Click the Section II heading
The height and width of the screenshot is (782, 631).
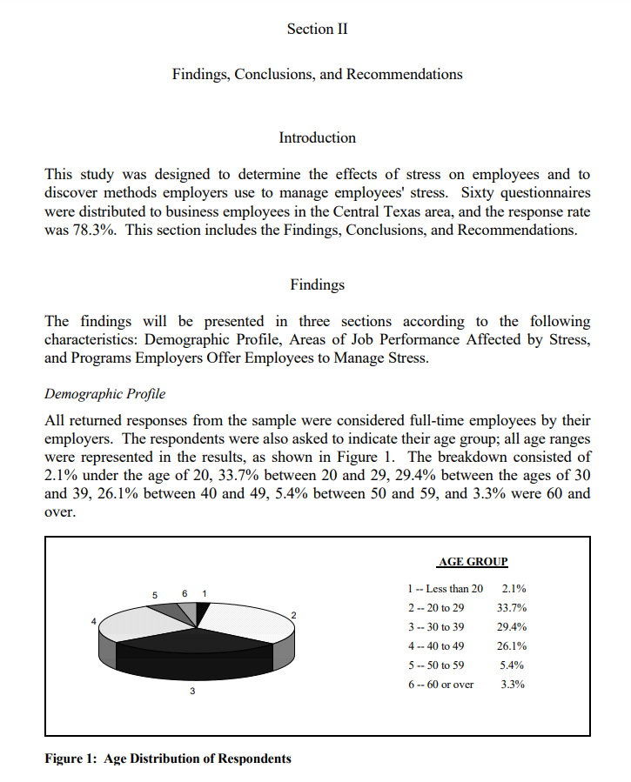click(317, 29)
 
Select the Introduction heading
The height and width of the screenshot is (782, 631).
click(317, 137)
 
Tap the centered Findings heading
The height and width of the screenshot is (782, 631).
click(317, 284)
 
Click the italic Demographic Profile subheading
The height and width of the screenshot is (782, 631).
click(104, 393)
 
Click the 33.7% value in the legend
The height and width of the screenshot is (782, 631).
click(511, 608)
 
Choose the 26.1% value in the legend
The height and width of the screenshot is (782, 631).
click(511, 646)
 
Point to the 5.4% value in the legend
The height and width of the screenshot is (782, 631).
click(513, 665)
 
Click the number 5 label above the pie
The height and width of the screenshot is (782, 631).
click(154, 595)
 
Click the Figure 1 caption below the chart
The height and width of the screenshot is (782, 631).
click(167, 759)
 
